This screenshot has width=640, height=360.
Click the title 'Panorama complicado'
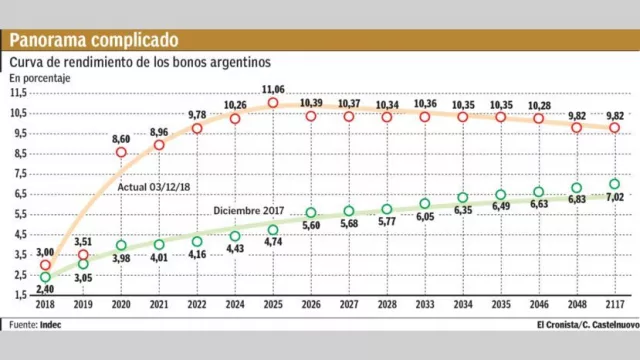(95, 40)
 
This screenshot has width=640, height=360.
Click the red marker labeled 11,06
(272, 103)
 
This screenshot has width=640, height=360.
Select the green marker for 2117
(615, 184)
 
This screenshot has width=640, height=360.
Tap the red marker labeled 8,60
(121, 152)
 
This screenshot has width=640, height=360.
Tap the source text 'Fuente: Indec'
(37, 324)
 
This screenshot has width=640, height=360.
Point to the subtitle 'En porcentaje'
(40, 77)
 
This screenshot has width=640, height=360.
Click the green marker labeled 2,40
(45, 277)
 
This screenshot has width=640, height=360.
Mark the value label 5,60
(310, 227)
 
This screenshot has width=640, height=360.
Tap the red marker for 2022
(197, 128)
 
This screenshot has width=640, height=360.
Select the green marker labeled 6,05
(425, 204)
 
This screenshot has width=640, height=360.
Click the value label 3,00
(45, 253)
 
